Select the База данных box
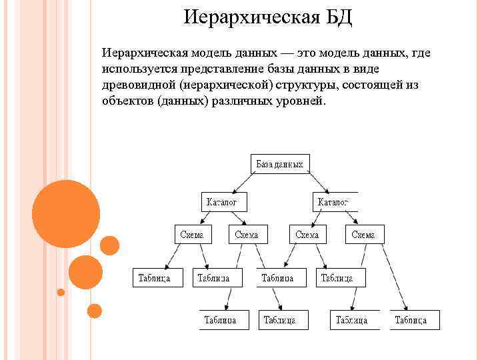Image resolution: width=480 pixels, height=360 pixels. [x=280, y=164]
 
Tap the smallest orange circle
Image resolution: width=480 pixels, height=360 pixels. [x=61, y=292]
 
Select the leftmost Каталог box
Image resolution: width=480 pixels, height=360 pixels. [x=224, y=201]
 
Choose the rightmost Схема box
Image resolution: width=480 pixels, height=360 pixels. [x=364, y=234]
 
